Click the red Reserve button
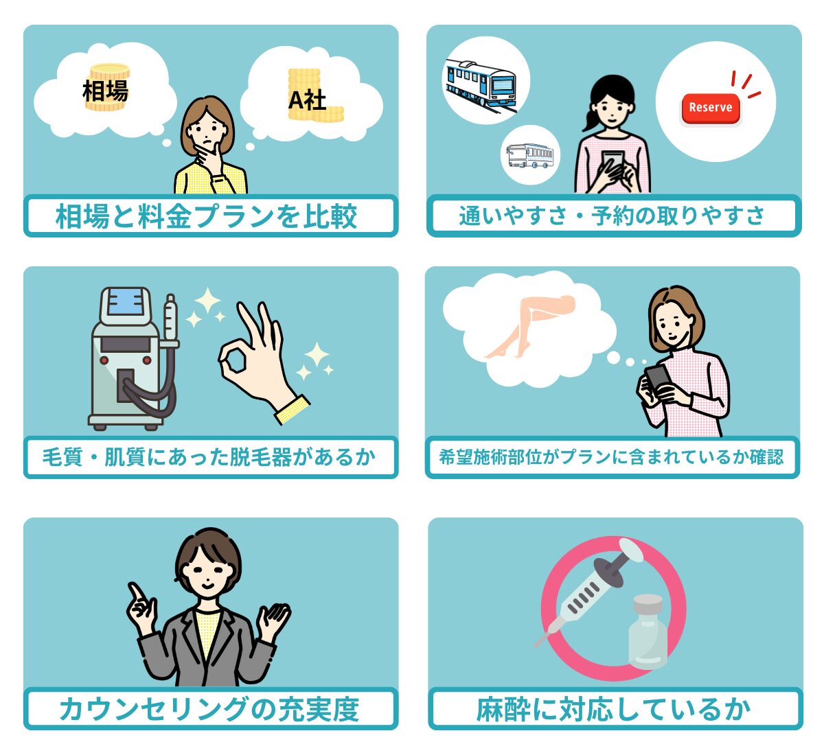coord(710,108)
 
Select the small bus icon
coord(530,156)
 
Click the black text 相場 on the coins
coord(105,91)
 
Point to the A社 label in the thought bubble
coord(307,100)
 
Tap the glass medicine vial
coord(648,633)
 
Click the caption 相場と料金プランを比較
coord(206,216)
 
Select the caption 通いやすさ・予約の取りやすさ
coord(612,216)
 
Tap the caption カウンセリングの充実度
coord(209,710)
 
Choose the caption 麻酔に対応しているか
coord(613,710)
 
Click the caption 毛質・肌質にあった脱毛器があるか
coord(209,457)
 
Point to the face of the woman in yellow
coord(207,132)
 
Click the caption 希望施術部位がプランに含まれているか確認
coord(611,457)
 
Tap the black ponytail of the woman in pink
coord(591,119)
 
